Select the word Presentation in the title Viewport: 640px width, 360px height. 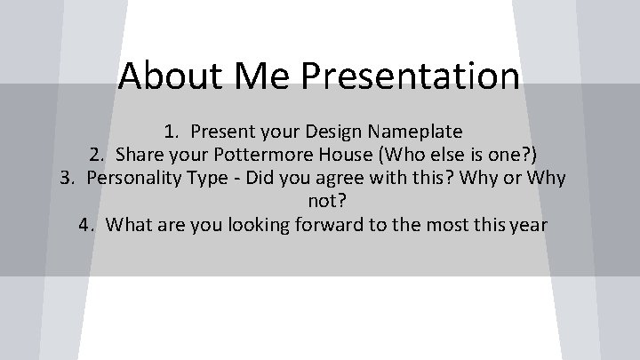(411, 76)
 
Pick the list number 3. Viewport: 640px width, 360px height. (67, 179)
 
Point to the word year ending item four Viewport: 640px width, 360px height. (529, 225)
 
